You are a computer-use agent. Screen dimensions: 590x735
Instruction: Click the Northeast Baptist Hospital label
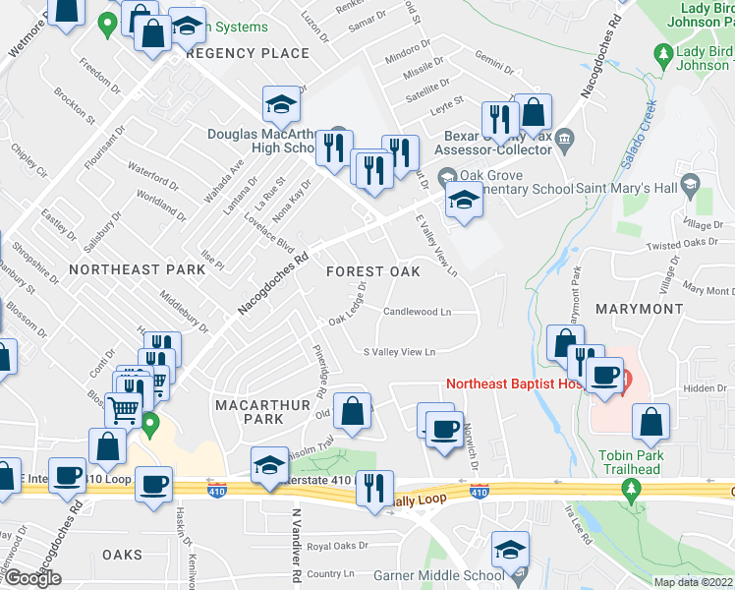511,383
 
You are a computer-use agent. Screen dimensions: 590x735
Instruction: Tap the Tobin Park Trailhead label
631,462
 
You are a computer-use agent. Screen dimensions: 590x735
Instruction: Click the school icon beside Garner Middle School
510,550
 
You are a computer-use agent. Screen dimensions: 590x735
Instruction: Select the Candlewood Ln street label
417,313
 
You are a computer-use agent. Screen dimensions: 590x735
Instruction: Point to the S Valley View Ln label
399,351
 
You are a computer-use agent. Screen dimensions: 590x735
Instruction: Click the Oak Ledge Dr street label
349,304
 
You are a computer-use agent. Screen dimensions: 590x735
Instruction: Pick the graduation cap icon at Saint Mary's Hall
690,184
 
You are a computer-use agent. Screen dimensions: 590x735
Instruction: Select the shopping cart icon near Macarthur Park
121,408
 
